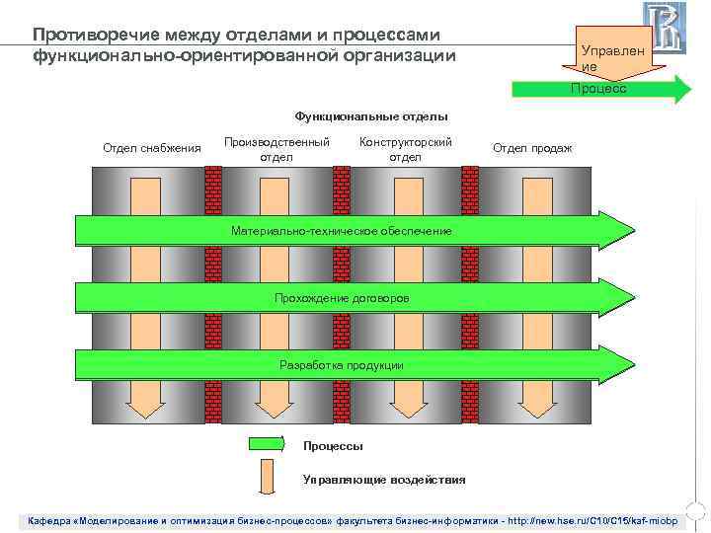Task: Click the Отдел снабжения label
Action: [151, 148]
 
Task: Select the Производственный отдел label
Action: [276, 148]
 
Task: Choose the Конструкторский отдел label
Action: [405, 148]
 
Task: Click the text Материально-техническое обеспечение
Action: [342, 230]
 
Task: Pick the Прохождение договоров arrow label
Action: [342, 298]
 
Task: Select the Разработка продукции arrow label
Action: [342, 365]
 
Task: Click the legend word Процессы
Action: [333, 445]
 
